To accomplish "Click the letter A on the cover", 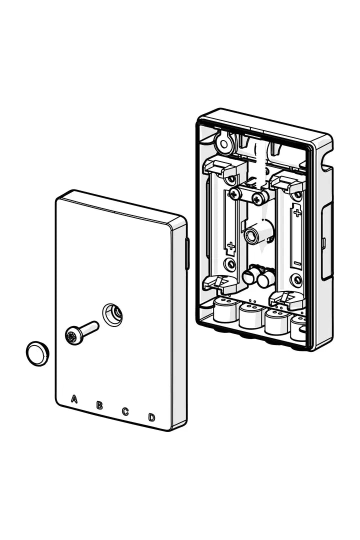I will pyautogui.click(x=74, y=398).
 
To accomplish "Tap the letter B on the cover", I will pyautogui.click(x=99, y=405).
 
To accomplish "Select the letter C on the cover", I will pyautogui.click(x=125, y=411).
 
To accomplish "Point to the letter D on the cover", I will pyautogui.click(x=151, y=417).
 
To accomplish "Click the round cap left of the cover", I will pyautogui.click(x=37, y=353).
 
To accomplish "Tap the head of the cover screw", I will pyautogui.click(x=74, y=336).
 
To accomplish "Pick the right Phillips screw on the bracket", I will pyautogui.click(x=257, y=199).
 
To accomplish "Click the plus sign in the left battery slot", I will pyautogui.click(x=230, y=246).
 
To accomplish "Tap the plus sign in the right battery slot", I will pyautogui.click(x=298, y=213).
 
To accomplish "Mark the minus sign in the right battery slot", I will pyautogui.click(x=296, y=263).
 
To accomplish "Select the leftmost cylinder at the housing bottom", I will pyautogui.click(x=225, y=310).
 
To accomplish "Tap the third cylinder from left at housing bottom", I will pyautogui.click(x=276, y=322).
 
